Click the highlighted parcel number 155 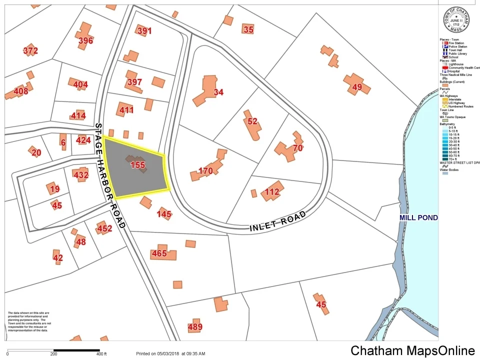pyautogui.click(x=137, y=164)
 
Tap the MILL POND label pyautogui.click(x=418, y=217)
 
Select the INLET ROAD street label pyautogui.click(x=277, y=222)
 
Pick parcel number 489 pyautogui.click(x=195, y=327)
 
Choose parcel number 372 pyautogui.click(x=30, y=50)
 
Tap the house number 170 pyautogui.click(x=205, y=171)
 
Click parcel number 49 pyautogui.click(x=356, y=87)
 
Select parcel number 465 pyautogui.click(x=159, y=253)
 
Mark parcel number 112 pyautogui.click(x=272, y=191)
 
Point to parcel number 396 pyautogui.click(x=85, y=40)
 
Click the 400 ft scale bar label pyautogui.click(x=101, y=353)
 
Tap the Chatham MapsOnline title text pyautogui.click(x=412, y=350)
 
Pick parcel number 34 pyautogui.click(x=218, y=92)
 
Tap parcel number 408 pyautogui.click(x=21, y=91)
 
